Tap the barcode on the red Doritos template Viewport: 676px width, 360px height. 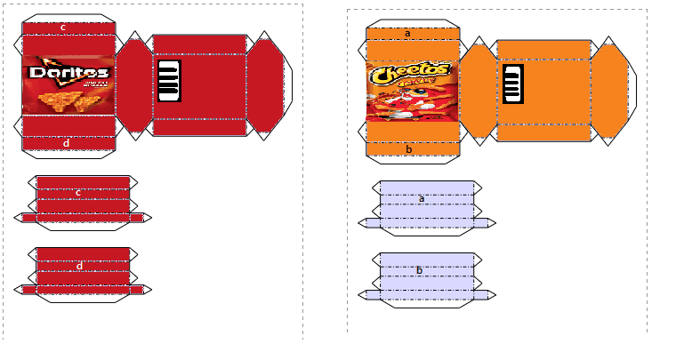tap(169, 81)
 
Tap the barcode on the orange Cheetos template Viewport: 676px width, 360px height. tap(512, 84)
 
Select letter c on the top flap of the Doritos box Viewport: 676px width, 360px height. tap(63, 28)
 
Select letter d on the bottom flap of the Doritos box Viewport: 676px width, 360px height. tap(67, 142)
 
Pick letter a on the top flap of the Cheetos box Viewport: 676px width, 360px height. tap(407, 34)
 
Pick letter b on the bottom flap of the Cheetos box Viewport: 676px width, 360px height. tap(408, 149)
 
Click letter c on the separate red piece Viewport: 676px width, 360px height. tap(78, 192)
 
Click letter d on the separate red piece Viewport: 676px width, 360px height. tap(79, 265)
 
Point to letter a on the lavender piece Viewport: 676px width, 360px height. tap(422, 198)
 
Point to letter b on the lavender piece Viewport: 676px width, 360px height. tap(419, 270)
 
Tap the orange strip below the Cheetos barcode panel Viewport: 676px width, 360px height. tap(543, 133)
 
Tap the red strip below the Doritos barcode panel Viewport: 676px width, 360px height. tap(199, 128)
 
